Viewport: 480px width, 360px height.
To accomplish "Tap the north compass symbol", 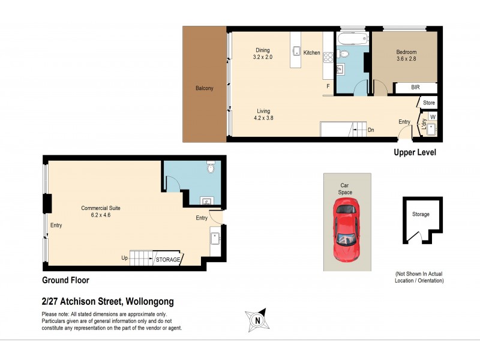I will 258,320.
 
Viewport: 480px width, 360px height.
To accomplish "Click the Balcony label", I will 204,88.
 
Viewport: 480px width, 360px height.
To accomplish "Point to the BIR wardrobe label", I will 415,88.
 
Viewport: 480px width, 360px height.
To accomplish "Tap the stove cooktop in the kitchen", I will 328,58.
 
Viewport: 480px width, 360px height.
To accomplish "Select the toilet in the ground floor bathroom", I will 210,168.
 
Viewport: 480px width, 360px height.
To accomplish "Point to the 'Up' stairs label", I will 125,259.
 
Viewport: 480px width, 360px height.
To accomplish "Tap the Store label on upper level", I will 428,103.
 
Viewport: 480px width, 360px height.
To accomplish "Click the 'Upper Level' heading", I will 415,152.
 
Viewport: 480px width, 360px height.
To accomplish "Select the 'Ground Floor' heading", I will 65,280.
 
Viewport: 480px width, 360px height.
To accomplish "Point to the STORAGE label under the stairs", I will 167,260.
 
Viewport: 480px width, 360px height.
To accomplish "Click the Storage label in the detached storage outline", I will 421,213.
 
